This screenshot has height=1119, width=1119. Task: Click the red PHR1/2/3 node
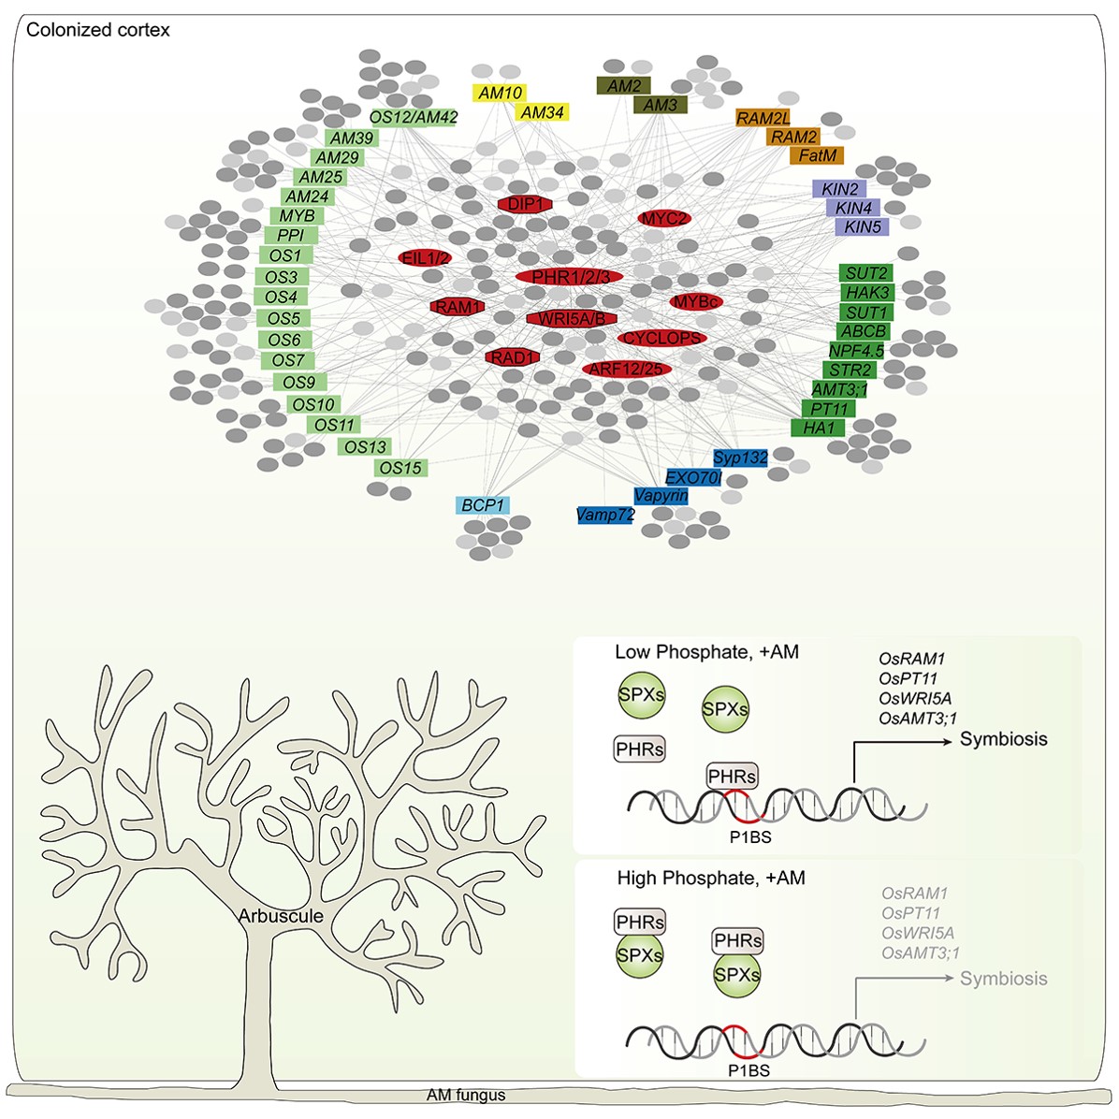click(570, 276)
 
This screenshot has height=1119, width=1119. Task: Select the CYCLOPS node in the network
click(662, 338)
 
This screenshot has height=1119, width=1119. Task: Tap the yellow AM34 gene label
click(543, 112)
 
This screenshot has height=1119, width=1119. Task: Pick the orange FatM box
click(817, 155)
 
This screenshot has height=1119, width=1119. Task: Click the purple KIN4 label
click(853, 208)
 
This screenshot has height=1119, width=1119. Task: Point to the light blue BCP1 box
click(483, 505)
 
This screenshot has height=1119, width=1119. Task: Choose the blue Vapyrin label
click(661, 495)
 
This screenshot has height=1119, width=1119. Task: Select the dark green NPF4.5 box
click(856, 351)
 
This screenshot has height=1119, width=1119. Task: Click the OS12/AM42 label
click(414, 117)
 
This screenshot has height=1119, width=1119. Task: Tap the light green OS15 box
click(401, 468)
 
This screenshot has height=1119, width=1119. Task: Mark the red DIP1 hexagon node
click(525, 204)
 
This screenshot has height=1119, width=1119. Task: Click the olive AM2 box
click(624, 86)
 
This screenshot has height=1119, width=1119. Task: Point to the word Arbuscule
click(281, 916)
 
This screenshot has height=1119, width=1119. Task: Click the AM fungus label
click(466, 1095)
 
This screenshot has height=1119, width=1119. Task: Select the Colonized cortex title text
click(97, 30)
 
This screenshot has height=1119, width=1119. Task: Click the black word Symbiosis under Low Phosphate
click(1003, 738)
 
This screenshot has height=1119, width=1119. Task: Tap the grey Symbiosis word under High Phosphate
click(1003, 978)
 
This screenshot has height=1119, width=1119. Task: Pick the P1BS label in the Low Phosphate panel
click(750, 837)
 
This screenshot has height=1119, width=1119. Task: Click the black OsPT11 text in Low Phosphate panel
click(908, 678)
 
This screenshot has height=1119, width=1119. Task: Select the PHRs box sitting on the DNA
click(733, 777)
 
